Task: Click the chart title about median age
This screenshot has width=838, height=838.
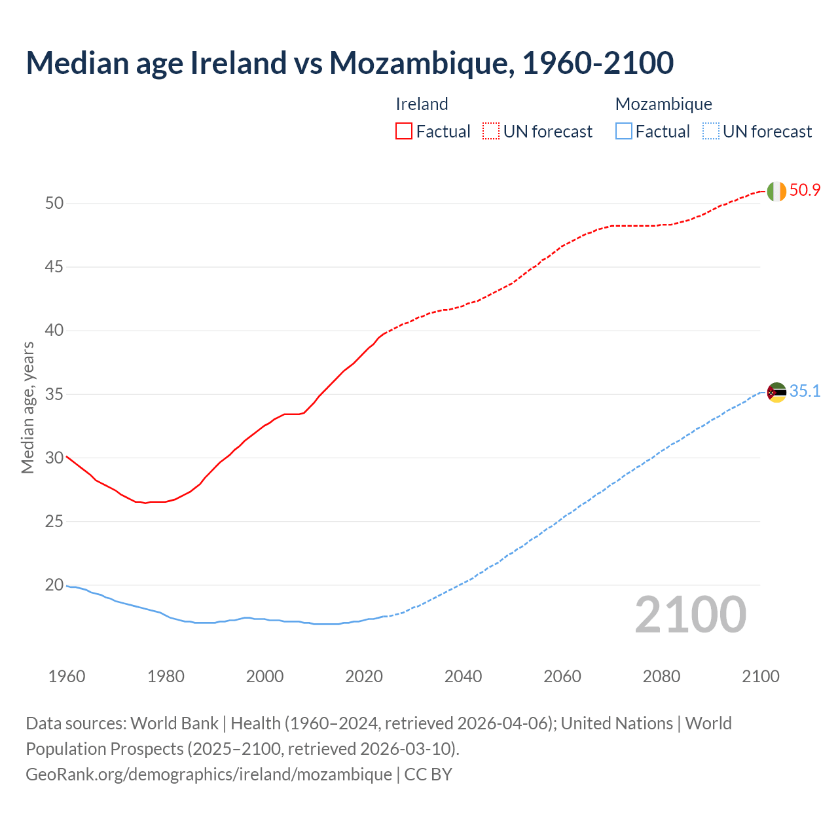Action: pyautogui.click(x=350, y=63)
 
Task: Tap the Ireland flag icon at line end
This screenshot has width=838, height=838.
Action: pyautogui.click(x=776, y=191)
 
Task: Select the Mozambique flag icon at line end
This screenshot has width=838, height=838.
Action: pyautogui.click(x=776, y=392)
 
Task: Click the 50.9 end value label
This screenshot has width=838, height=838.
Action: pyautogui.click(x=805, y=191)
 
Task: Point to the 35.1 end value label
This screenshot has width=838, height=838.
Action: pyautogui.click(x=805, y=392)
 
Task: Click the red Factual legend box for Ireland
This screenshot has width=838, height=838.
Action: pyautogui.click(x=404, y=131)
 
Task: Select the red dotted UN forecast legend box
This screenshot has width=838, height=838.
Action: pyautogui.click(x=491, y=131)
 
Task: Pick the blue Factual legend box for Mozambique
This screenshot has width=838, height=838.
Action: pyautogui.click(x=624, y=131)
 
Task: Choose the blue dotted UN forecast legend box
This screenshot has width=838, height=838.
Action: pyautogui.click(x=710, y=131)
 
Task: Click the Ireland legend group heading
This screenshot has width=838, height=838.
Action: pyautogui.click(x=422, y=104)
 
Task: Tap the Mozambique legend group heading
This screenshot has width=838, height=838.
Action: pyautogui.click(x=664, y=104)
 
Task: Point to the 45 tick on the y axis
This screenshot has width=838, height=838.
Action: pyautogui.click(x=54, y=266)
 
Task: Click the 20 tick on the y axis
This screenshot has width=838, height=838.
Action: pyautogui.click(x=54, y=585)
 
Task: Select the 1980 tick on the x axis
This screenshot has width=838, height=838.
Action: pyautogui.click(x=166, y=676)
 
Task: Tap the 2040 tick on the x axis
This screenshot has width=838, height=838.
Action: pyautogui.click(x=463, y=676)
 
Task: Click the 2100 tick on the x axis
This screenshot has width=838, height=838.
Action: pyautogui.click(x=760, y=676)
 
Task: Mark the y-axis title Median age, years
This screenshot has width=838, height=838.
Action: pyautogui.click(x=27, y=407)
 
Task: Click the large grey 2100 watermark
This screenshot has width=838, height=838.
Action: pyautogui.click(x=691, y=614)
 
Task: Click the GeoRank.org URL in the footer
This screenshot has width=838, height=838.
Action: pyautogui.click(x=209, y=774)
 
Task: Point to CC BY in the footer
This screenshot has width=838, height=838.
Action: pyautogui.click(x=428, y=774)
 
